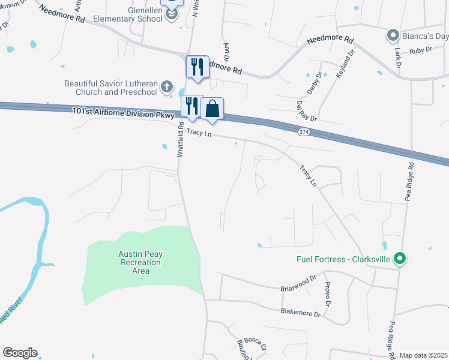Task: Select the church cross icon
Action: point(167,88)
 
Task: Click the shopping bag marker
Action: point(212,109)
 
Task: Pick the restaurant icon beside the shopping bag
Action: point(191,106)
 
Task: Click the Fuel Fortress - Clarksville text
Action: point(343,260)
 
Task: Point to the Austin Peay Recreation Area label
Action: point(140,262)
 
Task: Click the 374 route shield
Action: point(304,131)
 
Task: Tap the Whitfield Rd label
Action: point(179,140)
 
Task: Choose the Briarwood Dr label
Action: point(298,284)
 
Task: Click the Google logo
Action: point(20,353)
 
